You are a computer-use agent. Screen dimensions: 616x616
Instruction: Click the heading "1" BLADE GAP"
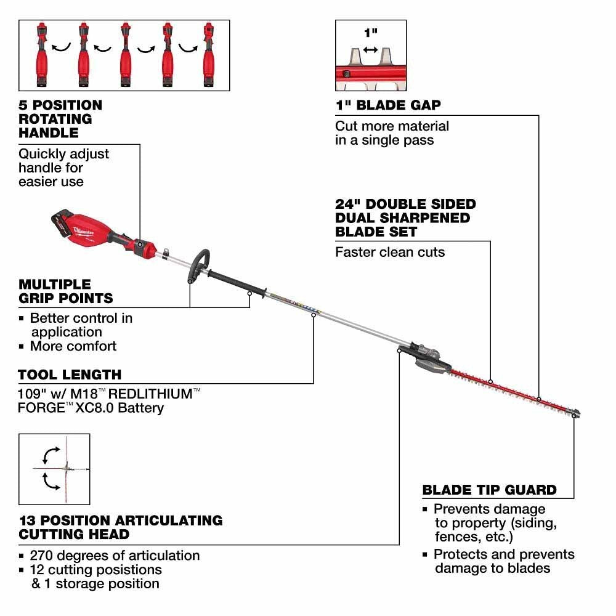(388, 105)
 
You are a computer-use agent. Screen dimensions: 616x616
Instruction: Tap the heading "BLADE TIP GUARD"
(489, 490)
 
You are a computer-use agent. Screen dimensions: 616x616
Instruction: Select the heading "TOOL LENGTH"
(70, 375)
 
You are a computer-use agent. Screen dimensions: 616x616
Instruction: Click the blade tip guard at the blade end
(575, 412)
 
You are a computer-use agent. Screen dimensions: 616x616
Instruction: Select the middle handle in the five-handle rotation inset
(125, 55)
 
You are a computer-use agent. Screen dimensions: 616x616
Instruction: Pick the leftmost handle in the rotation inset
(43, 55)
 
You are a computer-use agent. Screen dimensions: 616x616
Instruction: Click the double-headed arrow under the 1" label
(370, 49)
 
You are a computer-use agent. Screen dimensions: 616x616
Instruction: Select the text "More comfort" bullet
(73, 346)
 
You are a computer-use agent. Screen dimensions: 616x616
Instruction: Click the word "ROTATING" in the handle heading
(55, 119)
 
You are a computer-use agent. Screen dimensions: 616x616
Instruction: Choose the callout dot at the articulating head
(400, 350)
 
